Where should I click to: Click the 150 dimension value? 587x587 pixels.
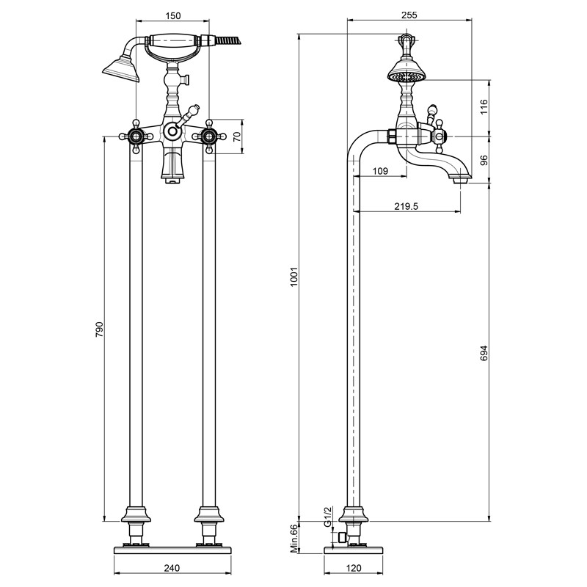tap(173, 15)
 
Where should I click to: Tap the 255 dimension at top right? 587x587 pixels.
tap(409, 15)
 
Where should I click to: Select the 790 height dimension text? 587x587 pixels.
tap(99, 329)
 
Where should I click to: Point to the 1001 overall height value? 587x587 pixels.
tap(294, 277)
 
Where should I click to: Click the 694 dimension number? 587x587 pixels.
tap(484, 353)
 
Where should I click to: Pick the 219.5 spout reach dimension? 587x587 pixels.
tap(406, 206)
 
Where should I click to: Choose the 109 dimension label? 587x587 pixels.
tap(380, 171)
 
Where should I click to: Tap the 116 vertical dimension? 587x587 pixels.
tap(484, 107)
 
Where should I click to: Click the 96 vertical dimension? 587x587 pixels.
tap(484, 160)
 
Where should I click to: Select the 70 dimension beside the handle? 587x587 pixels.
tap(236, 136)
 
